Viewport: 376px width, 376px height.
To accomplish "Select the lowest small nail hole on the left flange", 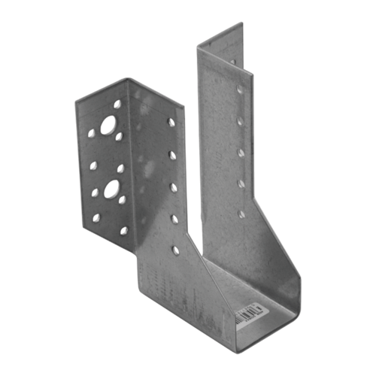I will pyautogui.click(x=125, y=228).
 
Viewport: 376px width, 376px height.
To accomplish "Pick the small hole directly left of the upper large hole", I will pyautogui.click(x=91, y=133).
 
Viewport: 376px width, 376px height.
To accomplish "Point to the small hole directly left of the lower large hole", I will pyautogui.click(x=95, y=193).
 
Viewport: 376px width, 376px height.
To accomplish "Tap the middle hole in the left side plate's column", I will pyautogui.click(x=173, y=186).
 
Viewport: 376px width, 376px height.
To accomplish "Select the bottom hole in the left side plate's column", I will pyautogui.click(x=175, y=249).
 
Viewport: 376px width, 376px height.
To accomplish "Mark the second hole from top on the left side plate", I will pyautogui.click(x=172, y=155).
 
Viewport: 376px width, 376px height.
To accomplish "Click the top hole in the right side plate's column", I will pyautogui.click(x=240, y=89).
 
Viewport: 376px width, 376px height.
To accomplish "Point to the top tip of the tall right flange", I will pyautogui.click(x=242, y=23).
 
